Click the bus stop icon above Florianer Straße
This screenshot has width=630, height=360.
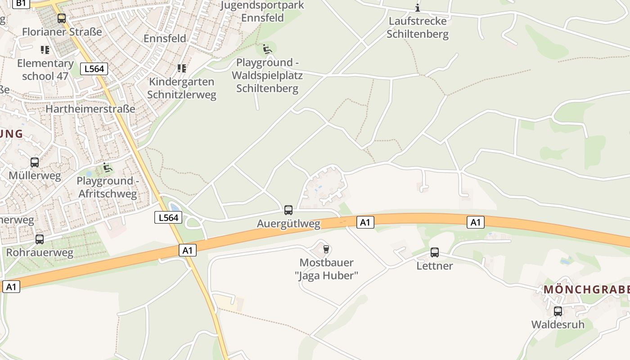pyautogui.click(x=62, y=18)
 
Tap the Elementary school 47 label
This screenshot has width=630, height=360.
pyautogui.click(x=45, y=69)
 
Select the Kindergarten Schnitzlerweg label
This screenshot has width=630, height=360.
pyautogui.click(x=182, y=88)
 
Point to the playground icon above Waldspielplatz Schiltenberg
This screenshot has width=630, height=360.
pyautogui.click(x=267, y=49)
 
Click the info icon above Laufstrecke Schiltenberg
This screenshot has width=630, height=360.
pyautogui.click(x=418, y=8)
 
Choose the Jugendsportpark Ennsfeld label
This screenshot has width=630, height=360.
pyautogui.click(x=262, y=12)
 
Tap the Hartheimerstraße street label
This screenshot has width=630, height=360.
pyautogui.click(x=90, y=109)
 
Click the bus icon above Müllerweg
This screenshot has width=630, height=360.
pyautogui.click(x=35, y=162)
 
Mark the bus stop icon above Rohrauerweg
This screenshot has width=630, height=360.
pyautogui.click(x=40, y=239)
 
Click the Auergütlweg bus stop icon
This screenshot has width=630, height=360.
pyautogui.click(x=288, y=210)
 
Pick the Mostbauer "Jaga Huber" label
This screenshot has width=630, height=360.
pyautogui.click(x=327, y=269)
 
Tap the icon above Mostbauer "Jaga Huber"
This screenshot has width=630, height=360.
pyautogui.click(x=326, y=249)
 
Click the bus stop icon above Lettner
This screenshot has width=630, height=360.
pyautogui.click(x=435, y=252)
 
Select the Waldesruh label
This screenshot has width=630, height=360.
pyautogui.click(x=558, y=324)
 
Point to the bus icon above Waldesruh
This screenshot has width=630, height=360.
pyautogui.click(x=558, y=311)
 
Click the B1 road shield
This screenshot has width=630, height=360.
pyautogui.click(x=21, y=3)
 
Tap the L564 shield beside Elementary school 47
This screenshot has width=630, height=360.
pyautogui.click(x=94, y=69)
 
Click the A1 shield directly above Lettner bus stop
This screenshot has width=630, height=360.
pyautogui.click(x=476, y=222)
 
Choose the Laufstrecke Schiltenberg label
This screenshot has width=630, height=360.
pyautogui.click(x=418, y=27)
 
